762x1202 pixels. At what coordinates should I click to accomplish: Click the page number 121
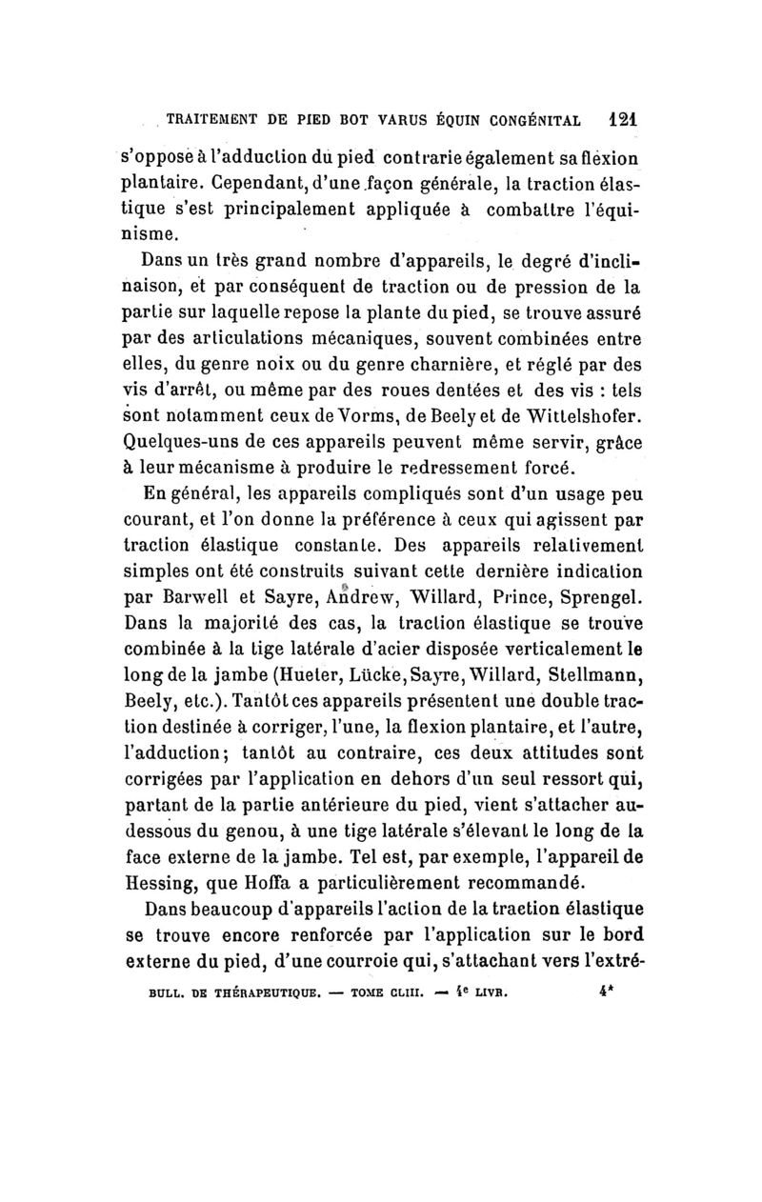click(x=625, y=122)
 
